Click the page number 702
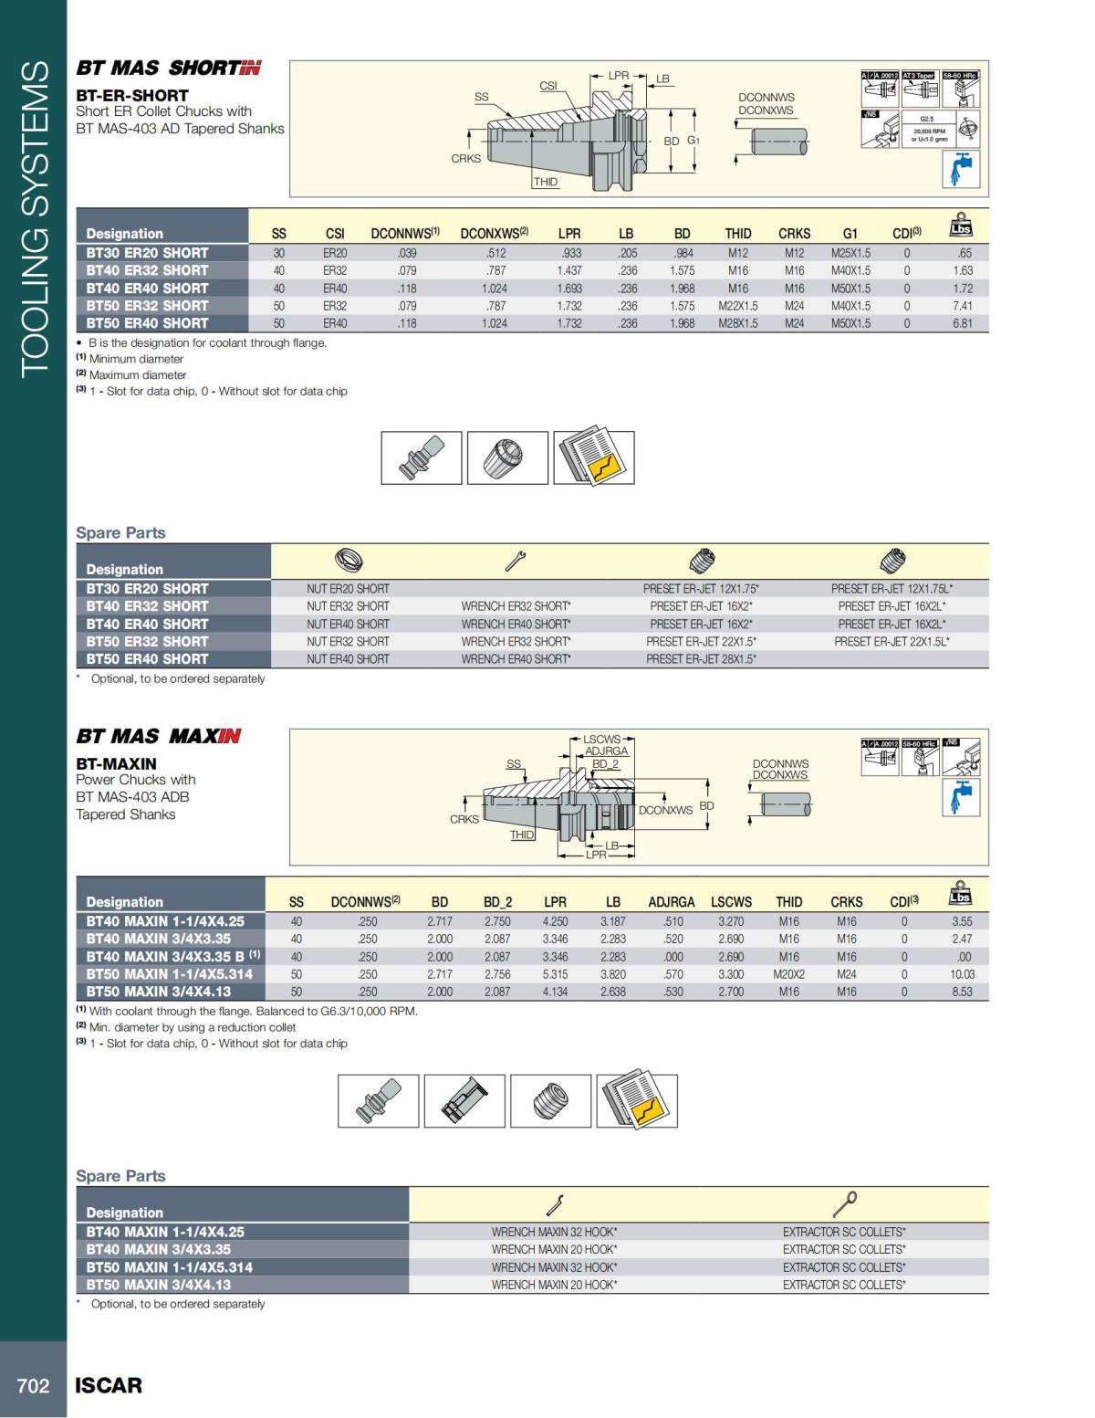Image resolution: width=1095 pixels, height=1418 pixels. coord(33,1385)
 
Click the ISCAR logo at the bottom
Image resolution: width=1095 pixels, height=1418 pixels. coord(109,1385)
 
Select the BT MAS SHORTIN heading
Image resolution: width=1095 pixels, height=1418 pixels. coord(169,68)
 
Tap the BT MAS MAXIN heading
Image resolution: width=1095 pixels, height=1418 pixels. coord(159,736)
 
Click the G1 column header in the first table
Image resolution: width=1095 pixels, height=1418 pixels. coord(850,234)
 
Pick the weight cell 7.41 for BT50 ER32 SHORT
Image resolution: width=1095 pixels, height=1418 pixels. coord(962,306)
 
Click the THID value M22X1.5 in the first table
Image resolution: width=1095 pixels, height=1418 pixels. coord(737,306)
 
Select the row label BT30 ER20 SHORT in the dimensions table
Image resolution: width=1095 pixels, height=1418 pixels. coord(148,253)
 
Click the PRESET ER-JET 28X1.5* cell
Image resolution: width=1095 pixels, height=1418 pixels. coord(701,659)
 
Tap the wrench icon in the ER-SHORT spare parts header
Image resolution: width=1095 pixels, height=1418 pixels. coord(516,562)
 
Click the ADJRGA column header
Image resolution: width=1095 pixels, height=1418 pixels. coord(672,902)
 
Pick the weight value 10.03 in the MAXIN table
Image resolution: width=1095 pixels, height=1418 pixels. coord(962,974)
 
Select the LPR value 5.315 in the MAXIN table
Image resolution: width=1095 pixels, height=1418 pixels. coord(555,974)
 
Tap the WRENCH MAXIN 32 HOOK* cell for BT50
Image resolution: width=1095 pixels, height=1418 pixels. coord(554,1267)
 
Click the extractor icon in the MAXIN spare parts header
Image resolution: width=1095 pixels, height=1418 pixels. coord(845,1204)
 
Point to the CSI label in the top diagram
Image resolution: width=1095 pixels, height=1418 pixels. coord(547,86)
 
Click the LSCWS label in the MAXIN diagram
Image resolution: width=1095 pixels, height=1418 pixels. coord(601,739)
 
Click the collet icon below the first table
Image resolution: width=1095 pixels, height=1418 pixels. coord(507,457)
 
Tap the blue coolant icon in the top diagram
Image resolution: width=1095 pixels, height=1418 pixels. coord(960,169)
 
